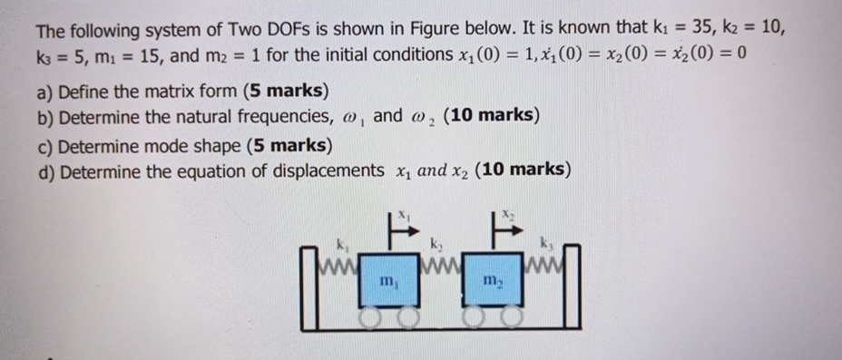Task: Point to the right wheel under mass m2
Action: click(513, 316)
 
